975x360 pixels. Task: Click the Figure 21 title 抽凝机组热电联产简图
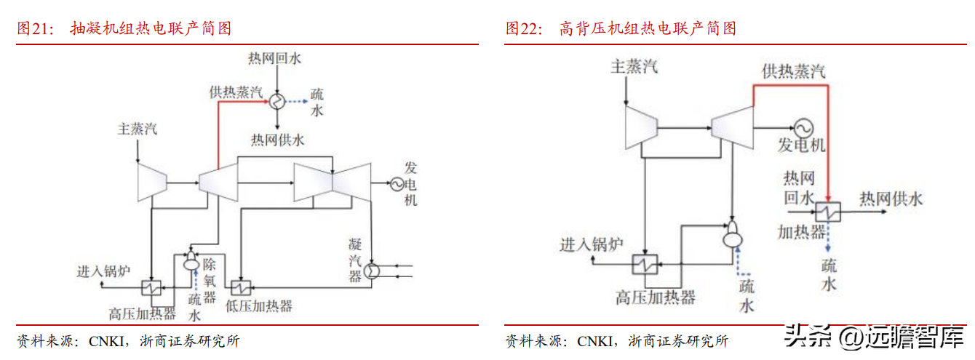coord(151,29)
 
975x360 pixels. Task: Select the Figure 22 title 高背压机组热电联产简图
coord(648,29)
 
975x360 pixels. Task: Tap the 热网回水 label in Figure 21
coord(274,58)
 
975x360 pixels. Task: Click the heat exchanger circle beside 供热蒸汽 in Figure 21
coord(276,102)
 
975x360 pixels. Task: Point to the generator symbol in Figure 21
coord(397,184)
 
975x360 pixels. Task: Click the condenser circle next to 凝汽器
coord(371,271)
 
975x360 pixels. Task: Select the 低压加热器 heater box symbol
coord(241,288)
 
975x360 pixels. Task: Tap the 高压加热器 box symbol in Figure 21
coord(151,288)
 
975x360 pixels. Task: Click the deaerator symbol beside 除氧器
coord(191,260)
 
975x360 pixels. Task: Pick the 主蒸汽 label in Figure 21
coord(137,129)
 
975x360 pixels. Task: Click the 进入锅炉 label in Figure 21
coord(103,271)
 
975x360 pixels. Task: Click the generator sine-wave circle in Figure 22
coord(803,129)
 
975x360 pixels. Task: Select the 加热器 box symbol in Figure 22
coord(828,212)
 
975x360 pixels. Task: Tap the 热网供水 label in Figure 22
coord(891,199)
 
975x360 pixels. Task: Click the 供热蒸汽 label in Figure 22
coord(794,71)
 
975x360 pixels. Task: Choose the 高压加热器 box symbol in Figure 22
coord(645,264)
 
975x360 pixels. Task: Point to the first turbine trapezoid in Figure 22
coord(641,128)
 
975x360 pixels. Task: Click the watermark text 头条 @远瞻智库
coord(874,337)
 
